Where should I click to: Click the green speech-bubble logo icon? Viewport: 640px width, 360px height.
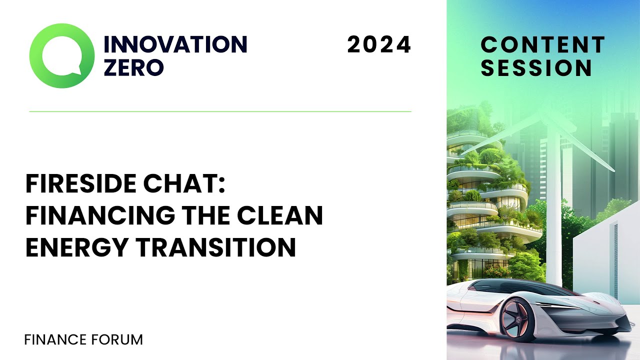pyautogui.click(x=61, y=55)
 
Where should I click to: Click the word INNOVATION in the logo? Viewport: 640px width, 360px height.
pyautogui.click(x=175, y=44)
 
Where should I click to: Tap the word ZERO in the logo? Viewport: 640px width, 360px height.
pyautogui.click(x=133, y=67)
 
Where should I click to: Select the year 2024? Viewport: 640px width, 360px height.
pyautogui.click(x=379, y=45)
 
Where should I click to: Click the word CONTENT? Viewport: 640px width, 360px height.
pyautogui.click(x=542, y=45)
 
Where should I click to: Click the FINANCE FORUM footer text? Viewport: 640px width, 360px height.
pyautogui.click(x=83, y=340)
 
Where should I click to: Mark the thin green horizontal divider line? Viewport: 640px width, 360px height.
pyautogui.click(x=220, y=111)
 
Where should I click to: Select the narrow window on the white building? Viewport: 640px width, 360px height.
pyautogui.click(x=615, y=260)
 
